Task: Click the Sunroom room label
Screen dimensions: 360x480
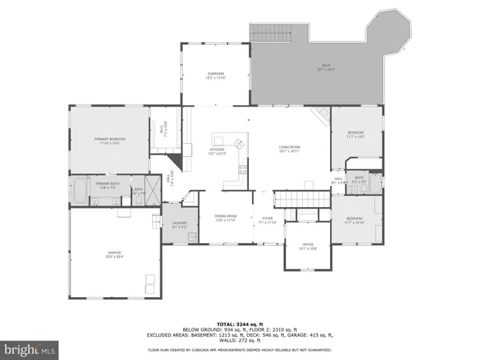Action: [216, 74]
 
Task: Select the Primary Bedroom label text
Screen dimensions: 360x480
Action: [109, 140]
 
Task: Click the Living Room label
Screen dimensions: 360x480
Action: [289, 148]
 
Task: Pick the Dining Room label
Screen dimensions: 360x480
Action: [225, 217]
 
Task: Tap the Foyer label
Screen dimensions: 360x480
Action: [267, 220]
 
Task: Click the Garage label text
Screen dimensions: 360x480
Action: [114, 255]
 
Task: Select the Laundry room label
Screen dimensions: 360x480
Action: [178, 224]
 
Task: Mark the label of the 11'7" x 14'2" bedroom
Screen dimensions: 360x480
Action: [355, 135]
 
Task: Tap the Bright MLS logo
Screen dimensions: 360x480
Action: [29, 349]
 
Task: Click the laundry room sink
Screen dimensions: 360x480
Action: [191, 237]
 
